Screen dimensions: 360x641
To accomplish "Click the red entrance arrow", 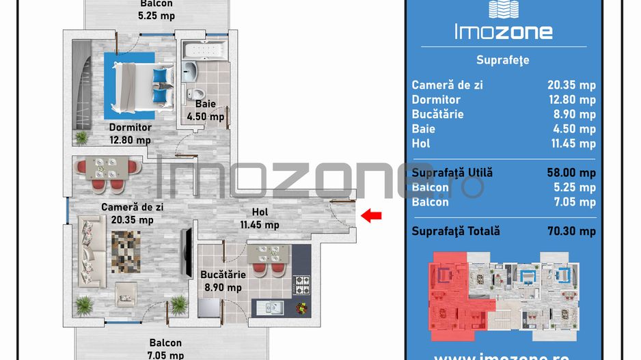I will (371, 217).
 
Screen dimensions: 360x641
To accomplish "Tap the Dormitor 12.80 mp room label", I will (130, 134).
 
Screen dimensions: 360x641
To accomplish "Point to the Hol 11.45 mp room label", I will (259, 218).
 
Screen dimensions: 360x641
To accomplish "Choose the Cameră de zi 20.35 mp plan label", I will (133, 213).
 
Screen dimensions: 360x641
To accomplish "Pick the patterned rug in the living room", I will (126, 249).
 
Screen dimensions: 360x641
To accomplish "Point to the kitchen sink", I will (271, 307).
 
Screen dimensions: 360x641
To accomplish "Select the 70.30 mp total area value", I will (571, 231).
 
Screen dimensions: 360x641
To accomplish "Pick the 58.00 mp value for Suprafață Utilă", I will (571, 173).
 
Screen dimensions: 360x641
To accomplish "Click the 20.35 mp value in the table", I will (571, 85).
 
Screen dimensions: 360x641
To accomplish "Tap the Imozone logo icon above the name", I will (503, 9).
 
